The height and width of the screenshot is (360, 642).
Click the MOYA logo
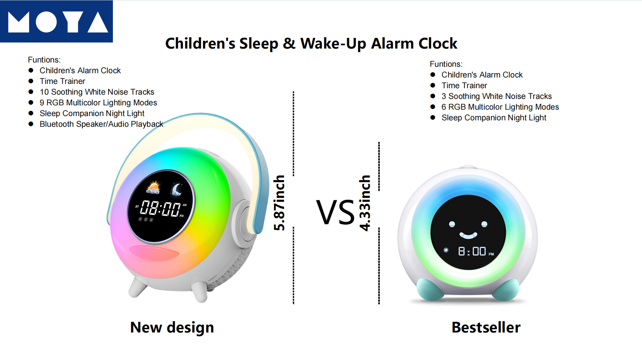point(56,21)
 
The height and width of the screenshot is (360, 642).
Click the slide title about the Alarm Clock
point(311,44)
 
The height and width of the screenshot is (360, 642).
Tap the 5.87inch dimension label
point(279,202)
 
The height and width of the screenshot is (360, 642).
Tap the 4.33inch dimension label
point(365,203)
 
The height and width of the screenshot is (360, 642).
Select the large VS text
point(335,212)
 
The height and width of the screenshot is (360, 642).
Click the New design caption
point(172,327)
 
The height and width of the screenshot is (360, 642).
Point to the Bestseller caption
point(486,327)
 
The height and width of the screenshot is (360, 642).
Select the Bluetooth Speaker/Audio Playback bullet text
point(101,124)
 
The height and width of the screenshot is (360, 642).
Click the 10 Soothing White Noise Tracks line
point(97,92)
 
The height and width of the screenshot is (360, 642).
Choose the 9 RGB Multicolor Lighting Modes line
point(98,102)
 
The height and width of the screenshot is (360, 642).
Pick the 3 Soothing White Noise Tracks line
point(497,96)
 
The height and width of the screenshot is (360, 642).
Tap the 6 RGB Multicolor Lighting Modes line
point(500,107)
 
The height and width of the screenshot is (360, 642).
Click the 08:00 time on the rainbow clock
point(160,208)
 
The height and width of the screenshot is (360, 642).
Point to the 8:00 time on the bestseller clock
point(472,251)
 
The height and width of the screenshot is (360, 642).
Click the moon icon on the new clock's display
point(176,190)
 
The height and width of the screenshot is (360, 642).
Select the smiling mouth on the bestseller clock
point(468,235)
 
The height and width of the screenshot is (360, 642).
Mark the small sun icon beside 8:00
point(446,250)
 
